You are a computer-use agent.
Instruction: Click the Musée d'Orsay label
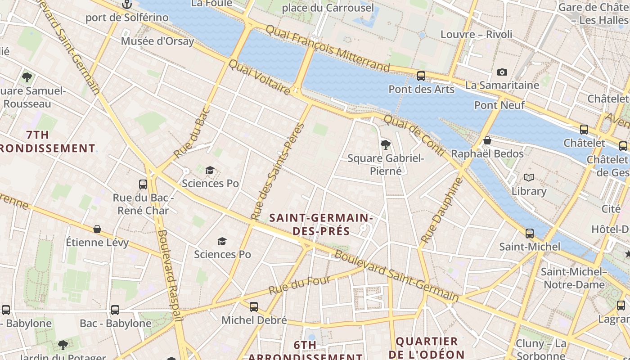[x=157, y=41]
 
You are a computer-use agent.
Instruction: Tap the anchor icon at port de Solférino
[x=127, y=5]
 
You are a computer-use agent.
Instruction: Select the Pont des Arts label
[x=421, y=89]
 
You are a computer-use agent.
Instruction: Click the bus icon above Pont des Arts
[x=421, y=76]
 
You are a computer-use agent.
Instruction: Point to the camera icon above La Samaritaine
[x=502, y=72]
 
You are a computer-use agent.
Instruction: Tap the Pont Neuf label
[x=499, y=105]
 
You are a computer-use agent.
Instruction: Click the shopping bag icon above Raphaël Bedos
[x=487, y=141]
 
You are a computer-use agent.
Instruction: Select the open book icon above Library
[x=529, y=178]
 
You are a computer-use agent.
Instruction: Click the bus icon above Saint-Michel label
[x=530, y=234]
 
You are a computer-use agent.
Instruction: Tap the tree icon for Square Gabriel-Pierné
[x=385, y=145]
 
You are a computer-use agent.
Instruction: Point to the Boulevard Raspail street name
[x=170, y=274]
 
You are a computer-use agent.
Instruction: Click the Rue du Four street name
[x=300, y=286]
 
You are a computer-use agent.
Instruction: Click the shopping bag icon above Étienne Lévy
[x=97, y=229]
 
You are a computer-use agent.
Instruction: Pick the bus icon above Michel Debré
[x=254, y=307]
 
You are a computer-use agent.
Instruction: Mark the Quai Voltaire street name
[x=259, y=77]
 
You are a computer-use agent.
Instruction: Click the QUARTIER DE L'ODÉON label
[x=426, y=347]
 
